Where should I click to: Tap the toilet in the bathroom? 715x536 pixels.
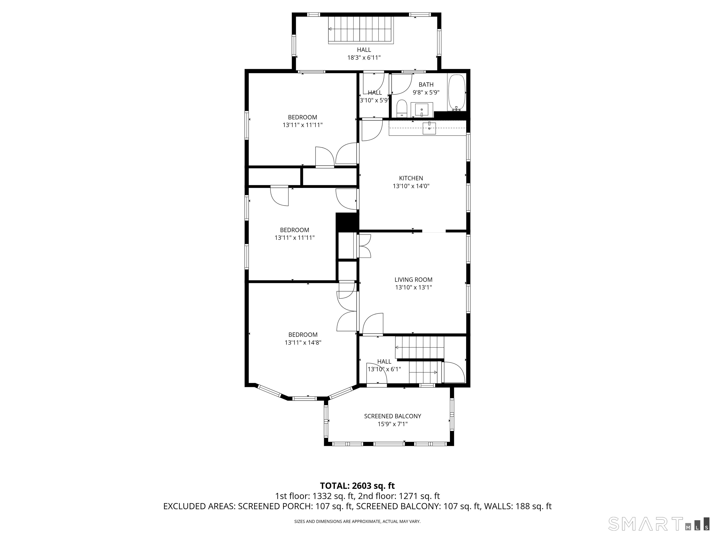tap(401, 109)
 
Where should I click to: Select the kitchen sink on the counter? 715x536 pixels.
tap(429, 128)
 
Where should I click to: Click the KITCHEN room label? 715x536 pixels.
tap(411, 178)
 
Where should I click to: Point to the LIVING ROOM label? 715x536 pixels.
tap(413, 280)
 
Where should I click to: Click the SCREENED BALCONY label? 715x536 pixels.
tap(393, 416)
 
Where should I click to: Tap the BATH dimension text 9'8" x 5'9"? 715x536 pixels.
tap(426, 92)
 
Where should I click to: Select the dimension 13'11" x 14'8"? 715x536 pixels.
tap(303, 342)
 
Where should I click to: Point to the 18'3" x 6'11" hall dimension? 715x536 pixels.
tap(364, 57)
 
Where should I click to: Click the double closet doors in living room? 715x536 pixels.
tap(364, 246)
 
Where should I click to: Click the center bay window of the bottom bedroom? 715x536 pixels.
tap(304, 398)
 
